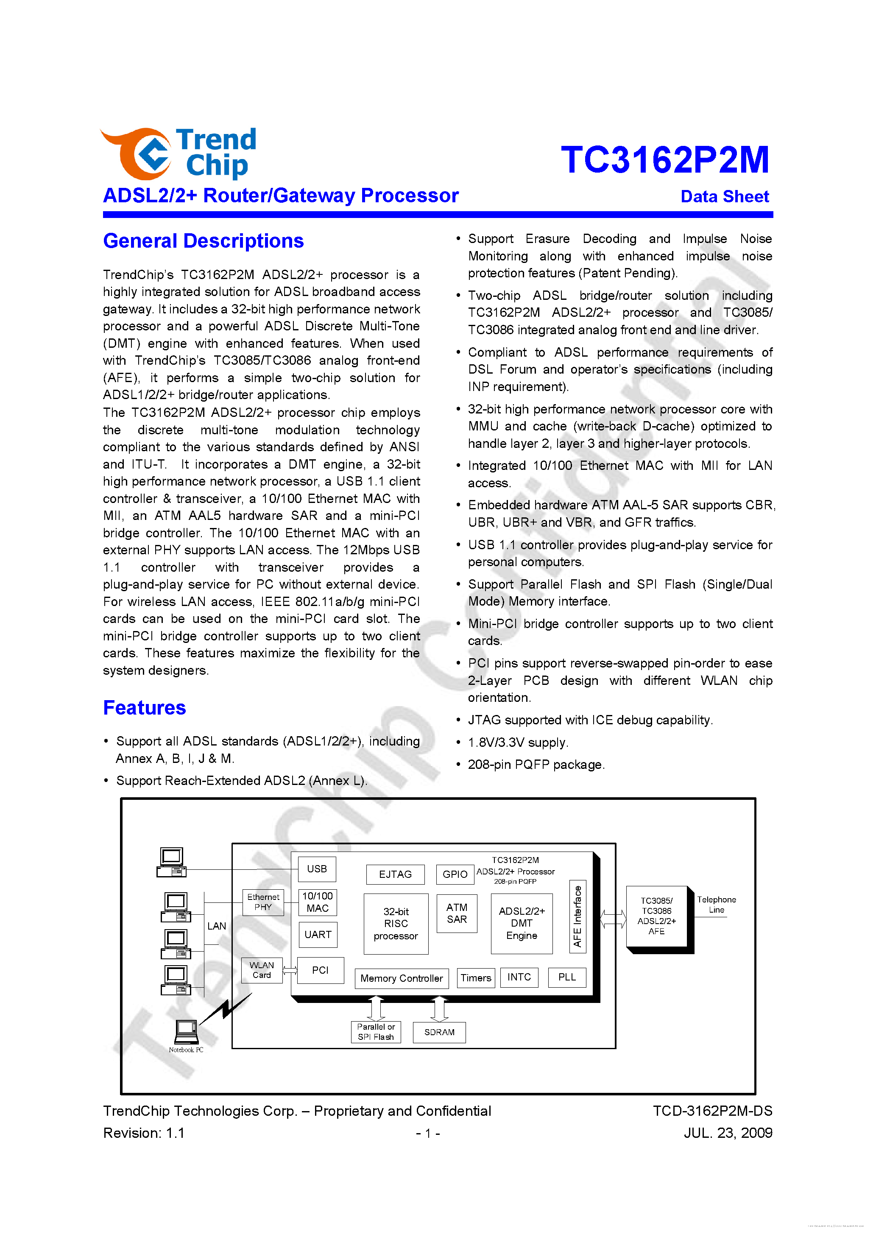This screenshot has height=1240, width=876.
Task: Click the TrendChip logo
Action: tap(178, 154)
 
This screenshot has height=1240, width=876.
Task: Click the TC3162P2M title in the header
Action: tap(664, 160)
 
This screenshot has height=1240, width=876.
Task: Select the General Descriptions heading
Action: tap(203, 241)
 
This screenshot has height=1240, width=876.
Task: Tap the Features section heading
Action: tap(144, 707)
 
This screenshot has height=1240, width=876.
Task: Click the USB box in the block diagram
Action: tap(317, 869)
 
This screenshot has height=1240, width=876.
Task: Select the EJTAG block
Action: tap(395, 874)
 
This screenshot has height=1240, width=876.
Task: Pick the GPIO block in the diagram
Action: tap(455, 874)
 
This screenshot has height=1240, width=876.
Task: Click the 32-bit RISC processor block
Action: tap(396, 924)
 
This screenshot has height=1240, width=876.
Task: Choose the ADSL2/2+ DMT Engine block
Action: tap(521, 924)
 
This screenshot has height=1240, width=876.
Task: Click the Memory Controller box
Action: tap(401, 978)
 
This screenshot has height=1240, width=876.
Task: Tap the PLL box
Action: tap(566, 977)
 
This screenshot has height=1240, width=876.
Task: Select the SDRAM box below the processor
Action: tap(439, 1032)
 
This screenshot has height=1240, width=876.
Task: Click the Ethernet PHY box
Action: tap(263, 902)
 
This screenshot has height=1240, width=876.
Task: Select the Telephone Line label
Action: tap(716, 904)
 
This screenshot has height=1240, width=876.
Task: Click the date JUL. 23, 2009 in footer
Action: tap(728, 1133)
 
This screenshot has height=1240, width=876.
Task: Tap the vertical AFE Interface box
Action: tap(577, 916)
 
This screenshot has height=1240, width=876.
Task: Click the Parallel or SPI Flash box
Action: tap(376, 1031)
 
